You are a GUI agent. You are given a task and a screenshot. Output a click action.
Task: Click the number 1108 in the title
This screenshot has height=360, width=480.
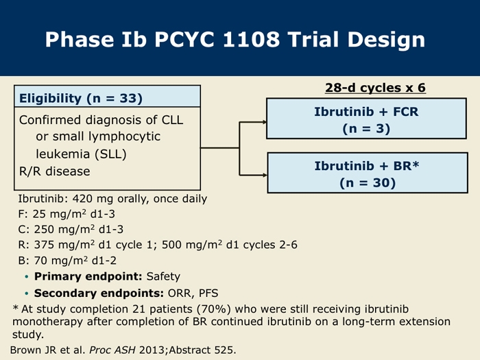coord(251,40)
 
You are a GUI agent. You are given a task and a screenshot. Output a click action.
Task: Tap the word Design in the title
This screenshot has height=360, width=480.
coord(386,40)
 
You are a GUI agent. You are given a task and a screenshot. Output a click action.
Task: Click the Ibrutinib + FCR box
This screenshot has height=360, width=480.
coord(366,119)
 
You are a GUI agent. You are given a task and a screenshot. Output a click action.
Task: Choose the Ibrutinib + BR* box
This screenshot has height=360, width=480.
coord(368,173)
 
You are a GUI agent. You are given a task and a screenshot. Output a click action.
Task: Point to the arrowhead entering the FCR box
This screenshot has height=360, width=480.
coord(264,122)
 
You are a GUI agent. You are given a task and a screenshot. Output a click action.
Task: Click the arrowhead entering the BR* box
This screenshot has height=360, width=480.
coord(264,175)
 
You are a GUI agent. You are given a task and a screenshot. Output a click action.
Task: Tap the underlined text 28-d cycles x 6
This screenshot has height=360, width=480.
coord(375,88)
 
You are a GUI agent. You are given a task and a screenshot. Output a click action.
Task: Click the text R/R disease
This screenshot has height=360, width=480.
coord(54,171)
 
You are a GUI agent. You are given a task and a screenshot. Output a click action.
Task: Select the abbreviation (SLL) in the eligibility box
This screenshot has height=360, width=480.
coord(110,154)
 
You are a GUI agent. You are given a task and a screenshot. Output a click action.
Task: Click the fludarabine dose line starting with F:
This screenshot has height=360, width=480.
coord(67,214)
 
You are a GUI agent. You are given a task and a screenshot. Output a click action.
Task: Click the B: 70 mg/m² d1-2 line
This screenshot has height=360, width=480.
coord(67,261)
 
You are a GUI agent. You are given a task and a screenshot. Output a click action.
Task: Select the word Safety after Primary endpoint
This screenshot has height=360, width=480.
coord(163,276)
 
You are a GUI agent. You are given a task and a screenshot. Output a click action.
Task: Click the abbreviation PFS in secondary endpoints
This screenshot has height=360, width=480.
coord(208,293)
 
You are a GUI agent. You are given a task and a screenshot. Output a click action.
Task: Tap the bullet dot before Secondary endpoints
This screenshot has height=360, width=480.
coord(27,293)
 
